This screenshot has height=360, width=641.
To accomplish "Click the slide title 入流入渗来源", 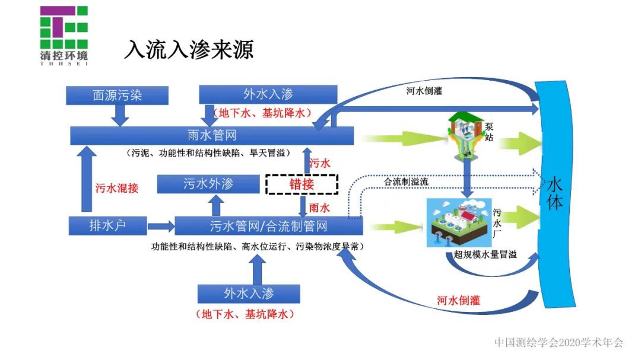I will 188,50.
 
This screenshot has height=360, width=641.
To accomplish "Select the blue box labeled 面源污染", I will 118,95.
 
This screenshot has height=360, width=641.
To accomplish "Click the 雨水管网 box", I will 212,135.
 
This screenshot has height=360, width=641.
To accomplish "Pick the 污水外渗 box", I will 208,184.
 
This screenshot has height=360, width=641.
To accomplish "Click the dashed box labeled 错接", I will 302,184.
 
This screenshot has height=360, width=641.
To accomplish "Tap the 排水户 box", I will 107,225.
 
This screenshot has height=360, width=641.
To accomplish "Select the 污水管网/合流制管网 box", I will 268,226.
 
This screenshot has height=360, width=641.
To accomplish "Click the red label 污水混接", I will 117,188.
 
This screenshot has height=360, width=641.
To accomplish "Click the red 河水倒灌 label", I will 458,300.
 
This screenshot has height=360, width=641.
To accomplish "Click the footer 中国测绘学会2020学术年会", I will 559,342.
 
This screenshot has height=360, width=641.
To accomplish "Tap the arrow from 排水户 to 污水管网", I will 158,226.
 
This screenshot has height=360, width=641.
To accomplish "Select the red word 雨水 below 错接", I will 319,208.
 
